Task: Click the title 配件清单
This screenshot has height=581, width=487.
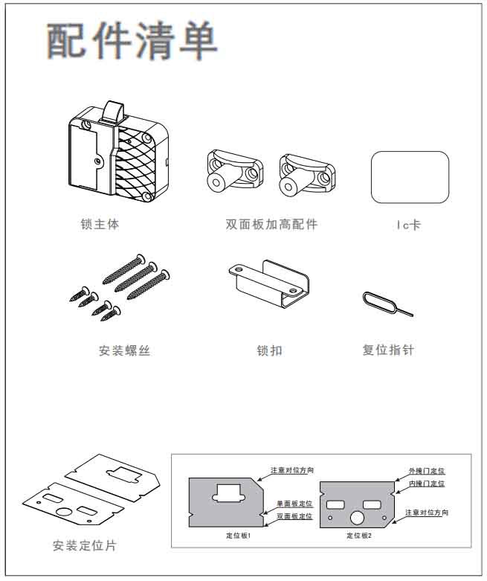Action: [x=133, y=41]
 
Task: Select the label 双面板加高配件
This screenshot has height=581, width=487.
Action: [x=271, y=224]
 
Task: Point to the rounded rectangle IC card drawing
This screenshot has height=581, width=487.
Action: [x=410, y=177]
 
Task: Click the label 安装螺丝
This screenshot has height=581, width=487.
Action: [x=124, y=350]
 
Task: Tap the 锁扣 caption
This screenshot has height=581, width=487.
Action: [x=269, y=350]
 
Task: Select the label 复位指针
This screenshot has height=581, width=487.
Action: [x=387, y=349]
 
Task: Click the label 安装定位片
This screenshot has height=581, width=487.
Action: [x=84, y=546]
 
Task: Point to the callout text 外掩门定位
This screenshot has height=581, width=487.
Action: [x=427, y=471]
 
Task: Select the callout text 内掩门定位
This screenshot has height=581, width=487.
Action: [x=427, y=484]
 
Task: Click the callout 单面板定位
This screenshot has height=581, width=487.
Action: [x=294, y=503]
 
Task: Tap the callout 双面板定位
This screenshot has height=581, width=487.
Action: [x=294, y=516]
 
